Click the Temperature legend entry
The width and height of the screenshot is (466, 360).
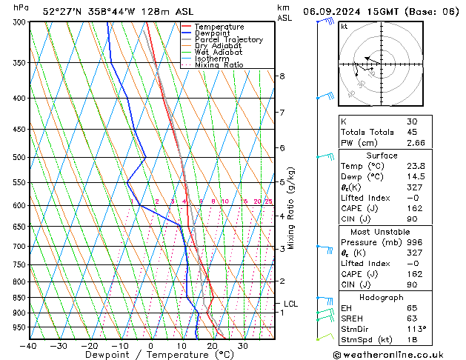coord(219,27)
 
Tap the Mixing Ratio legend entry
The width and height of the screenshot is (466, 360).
coord(219,65)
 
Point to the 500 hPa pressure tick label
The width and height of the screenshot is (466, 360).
coord(16,158)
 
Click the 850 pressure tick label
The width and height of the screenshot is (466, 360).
coord(16,298)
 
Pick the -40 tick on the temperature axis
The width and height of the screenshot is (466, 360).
coord(28,346)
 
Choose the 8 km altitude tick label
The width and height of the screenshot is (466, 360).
coord(282,76)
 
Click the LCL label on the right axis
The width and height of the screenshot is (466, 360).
coord(291,304)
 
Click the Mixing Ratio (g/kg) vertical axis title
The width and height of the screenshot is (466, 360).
coord(291,208)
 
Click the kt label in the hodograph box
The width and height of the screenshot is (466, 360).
coord(344,27)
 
